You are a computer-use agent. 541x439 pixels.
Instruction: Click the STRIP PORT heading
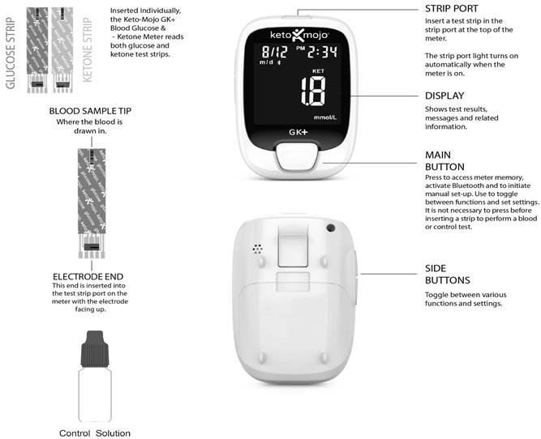(451, 9)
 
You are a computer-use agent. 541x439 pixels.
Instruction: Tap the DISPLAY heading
(444, 96)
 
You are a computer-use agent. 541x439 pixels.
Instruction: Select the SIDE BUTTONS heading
(448, 275)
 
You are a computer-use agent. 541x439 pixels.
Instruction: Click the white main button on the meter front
(297, 156)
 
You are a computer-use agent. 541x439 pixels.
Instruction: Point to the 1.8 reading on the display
(313, 92)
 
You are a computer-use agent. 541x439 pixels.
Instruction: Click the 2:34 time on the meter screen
(322, 52)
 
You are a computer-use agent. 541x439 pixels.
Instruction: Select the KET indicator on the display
(318, 71)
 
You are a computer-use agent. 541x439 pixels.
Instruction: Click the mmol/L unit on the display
(325, 117)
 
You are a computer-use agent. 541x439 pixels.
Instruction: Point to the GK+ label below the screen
(298, 132)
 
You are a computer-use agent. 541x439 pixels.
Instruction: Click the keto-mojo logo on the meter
(298, 35)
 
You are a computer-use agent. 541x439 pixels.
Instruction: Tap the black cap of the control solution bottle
(95, 349)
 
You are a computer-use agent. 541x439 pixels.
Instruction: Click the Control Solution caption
(95, 433)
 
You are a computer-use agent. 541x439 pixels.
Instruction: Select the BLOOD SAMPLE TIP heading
(90, 111)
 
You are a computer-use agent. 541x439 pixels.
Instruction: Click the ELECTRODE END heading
(88, 277)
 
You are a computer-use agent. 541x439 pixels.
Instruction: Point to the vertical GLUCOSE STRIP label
(11, 53)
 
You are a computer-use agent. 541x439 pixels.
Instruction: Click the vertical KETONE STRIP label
(88, 50)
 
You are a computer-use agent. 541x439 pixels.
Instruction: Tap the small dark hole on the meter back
(331, 228)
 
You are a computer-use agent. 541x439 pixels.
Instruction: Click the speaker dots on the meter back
(257, 249)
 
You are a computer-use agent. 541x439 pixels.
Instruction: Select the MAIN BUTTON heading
(444, 161)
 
